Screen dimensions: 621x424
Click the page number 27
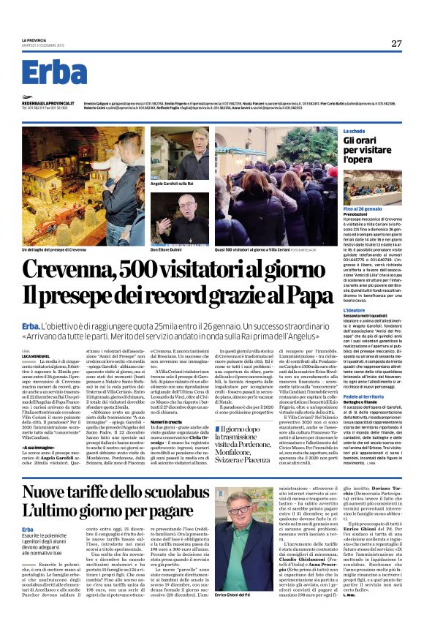click(x=395, y=43)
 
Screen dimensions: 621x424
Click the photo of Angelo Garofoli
click(x=193, y=151)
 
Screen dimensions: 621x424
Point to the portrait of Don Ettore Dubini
click(x=193, y=208)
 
